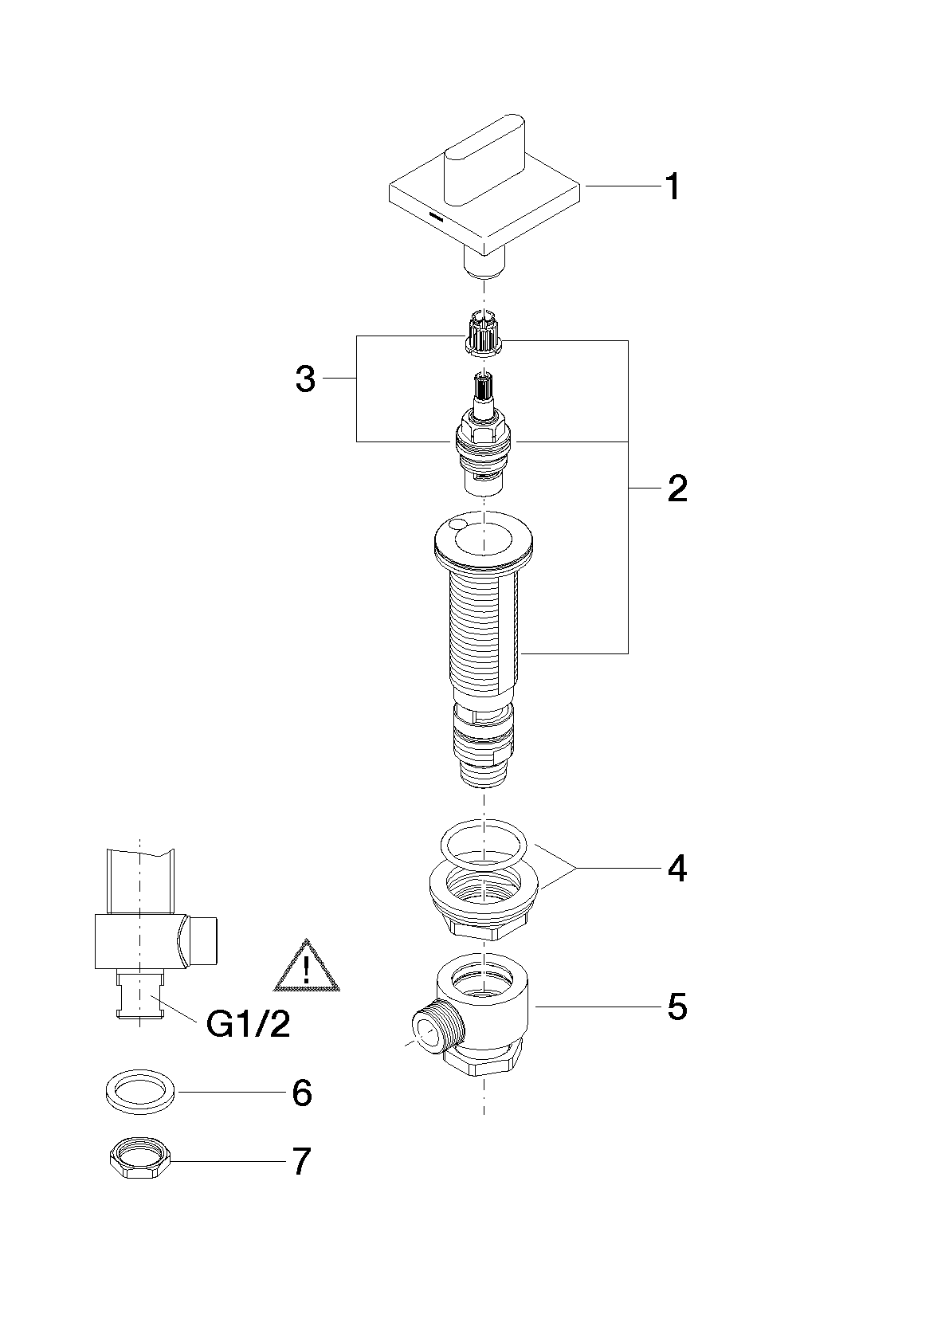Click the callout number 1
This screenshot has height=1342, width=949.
click(673, 186)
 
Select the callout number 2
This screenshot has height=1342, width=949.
click(677, 489)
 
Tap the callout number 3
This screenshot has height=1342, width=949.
click(305, 379)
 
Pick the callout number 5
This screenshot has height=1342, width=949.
click(677, 1007)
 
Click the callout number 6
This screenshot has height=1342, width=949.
click(302, 1093)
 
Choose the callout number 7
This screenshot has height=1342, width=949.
click(302, 1161)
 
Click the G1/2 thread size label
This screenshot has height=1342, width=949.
click(248, 1024)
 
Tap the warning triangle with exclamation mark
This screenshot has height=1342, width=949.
click(307, 967)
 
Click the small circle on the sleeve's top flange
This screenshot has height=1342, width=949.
click(459, 525)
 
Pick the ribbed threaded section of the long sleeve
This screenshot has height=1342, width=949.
click(483, 634)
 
